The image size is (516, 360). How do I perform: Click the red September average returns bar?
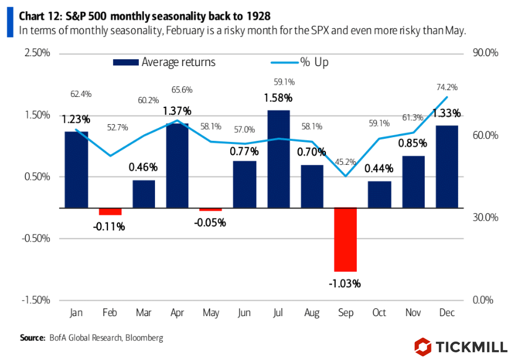coord(346,240)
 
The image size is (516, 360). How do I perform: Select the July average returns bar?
coord(278,159)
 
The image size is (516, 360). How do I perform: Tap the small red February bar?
coord(110,211)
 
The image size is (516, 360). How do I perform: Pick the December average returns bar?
coord(446,167)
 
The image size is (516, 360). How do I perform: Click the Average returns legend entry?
coord(164,62)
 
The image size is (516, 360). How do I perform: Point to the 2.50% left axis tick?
coord(38,53)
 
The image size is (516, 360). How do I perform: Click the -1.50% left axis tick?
coord(36,300)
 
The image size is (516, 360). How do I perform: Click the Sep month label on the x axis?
coord(346,314)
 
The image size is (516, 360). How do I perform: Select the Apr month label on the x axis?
coord(177,314)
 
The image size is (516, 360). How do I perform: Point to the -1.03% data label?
coord(346,284)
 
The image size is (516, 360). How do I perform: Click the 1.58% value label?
coord(278,98)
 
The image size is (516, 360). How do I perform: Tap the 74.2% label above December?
coord(447,87)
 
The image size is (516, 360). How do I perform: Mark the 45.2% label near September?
coord(346,162)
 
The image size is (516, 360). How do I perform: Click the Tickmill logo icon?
coord(423,346)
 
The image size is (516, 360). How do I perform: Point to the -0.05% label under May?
coord(210,222)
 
